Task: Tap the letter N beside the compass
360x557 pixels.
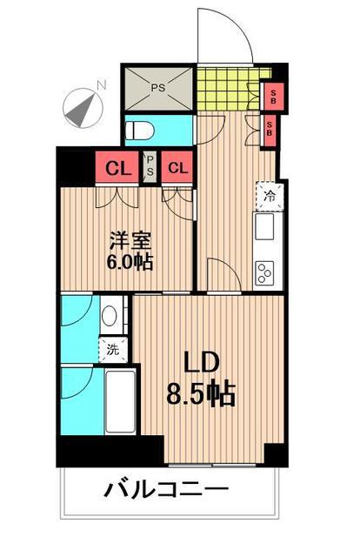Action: (x=102, y=84)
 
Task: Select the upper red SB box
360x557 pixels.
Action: (x=273, y=96)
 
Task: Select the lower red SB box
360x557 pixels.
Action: (x=272, y=131)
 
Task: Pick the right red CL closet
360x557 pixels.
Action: (x=178, y=168)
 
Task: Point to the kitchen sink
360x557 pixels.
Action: (x=264, y=231)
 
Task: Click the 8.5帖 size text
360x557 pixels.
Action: (x=202, y=396)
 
